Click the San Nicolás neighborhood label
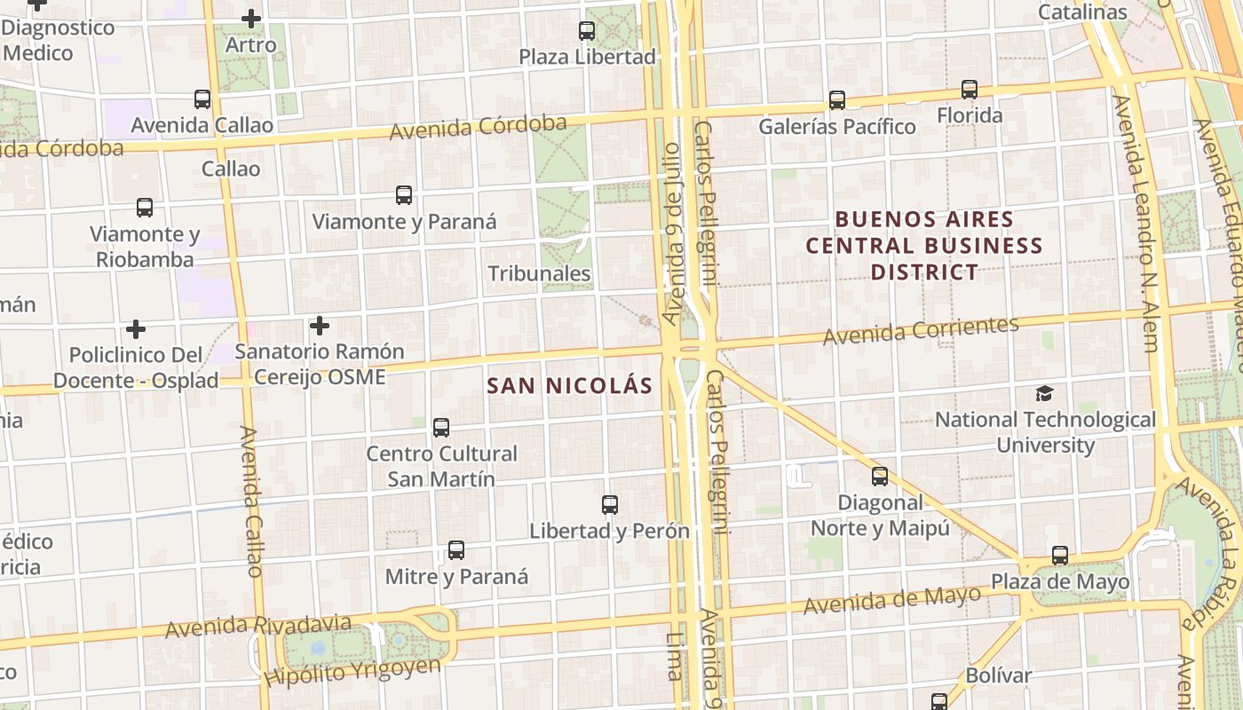coord(570,386)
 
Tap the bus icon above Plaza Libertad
coord(587,31)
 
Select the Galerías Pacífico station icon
coord(837,100)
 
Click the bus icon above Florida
coord(970,90)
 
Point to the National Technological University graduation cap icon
coord(1045,393)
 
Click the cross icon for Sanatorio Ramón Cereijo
coord(320,326)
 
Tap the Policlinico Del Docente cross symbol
coord(136,329)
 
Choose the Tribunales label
coord(539,273)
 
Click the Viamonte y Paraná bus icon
coord(404,195)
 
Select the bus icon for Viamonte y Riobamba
coord(145,208)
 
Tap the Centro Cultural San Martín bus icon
coord(441,428)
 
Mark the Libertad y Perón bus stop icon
coord(610,505)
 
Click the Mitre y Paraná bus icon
coord(456,550)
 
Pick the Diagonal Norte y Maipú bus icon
coord(880,477)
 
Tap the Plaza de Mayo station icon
coord(1060,556)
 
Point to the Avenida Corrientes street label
coord(921,330)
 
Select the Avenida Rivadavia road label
coord(258,627)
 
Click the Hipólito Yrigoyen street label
coord(352,672)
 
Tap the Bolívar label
coord(999,675)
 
